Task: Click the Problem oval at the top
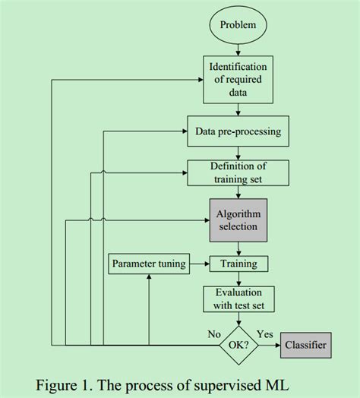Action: tap(238, 25)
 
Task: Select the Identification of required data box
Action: tap(238, 79)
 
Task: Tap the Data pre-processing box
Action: tap(238, 131)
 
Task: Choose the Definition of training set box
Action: tap(238, 172)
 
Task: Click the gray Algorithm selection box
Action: tap(238, 219)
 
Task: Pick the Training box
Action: tap(238, 264)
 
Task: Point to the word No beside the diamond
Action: tap(214, 333)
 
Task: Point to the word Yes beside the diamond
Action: tap(265, 333)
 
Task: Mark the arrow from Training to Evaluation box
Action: tap(238, 279)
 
